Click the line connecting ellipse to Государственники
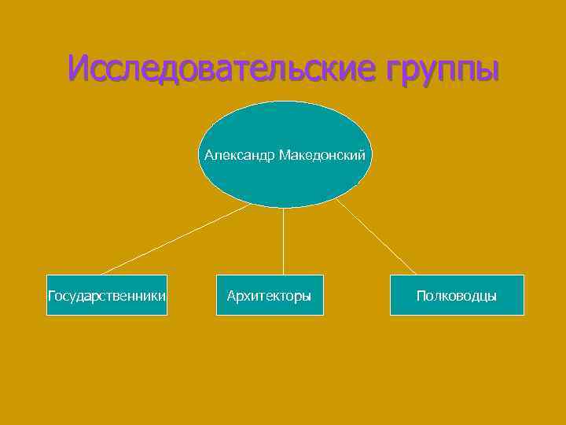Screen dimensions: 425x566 [175, 238]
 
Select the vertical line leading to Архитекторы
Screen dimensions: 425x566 [283, 241]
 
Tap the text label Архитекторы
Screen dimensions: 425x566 [269, 296]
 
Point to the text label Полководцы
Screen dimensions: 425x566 [457, 296]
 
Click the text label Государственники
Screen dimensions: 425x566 [107, 296]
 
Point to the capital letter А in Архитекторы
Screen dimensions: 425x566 [231, 296]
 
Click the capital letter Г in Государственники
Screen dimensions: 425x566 [52, 296]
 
